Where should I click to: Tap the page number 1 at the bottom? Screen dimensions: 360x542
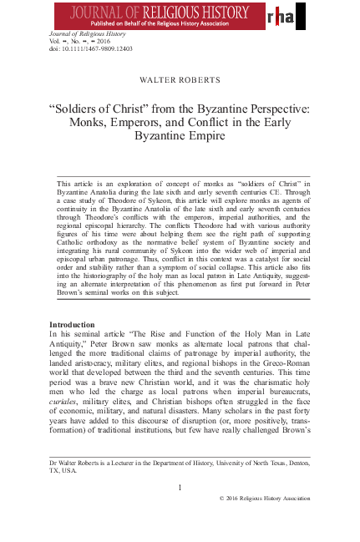pyautogui.click(x=180, y=486)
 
